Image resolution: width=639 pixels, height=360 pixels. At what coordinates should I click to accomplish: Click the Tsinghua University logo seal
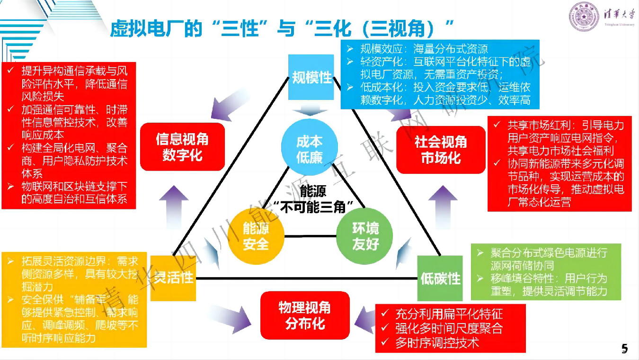coord(584,18)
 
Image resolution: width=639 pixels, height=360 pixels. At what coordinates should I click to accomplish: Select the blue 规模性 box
coord(311,77)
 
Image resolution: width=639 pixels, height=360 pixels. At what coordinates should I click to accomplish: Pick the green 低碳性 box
coord(440,278)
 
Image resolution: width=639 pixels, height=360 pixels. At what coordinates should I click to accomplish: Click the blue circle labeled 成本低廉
coord(309,148)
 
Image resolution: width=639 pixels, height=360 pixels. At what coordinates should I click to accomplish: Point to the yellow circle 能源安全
coord(256,236)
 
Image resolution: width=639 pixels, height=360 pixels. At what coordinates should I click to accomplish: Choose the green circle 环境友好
coord(365,236)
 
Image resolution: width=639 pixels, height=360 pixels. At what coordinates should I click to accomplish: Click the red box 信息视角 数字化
coord(182,147)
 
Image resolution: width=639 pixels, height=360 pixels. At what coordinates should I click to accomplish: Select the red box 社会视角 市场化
coord(440,149)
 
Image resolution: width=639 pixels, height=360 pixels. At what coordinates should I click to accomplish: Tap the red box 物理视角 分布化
coord(305,315)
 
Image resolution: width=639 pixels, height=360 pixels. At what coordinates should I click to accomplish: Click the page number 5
coord(624,349)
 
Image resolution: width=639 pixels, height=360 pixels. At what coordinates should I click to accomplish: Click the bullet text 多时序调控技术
coord(437,342)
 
